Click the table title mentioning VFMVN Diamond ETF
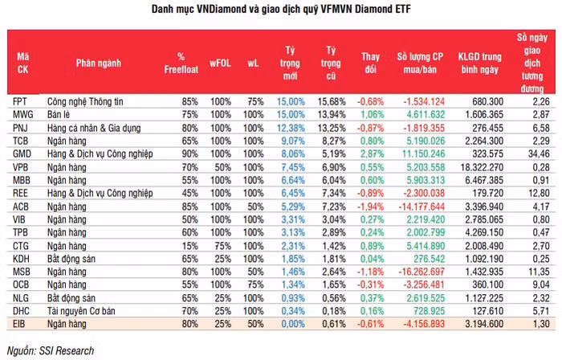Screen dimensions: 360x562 (281, 9)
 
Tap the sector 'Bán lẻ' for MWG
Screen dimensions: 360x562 (61, 114)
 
